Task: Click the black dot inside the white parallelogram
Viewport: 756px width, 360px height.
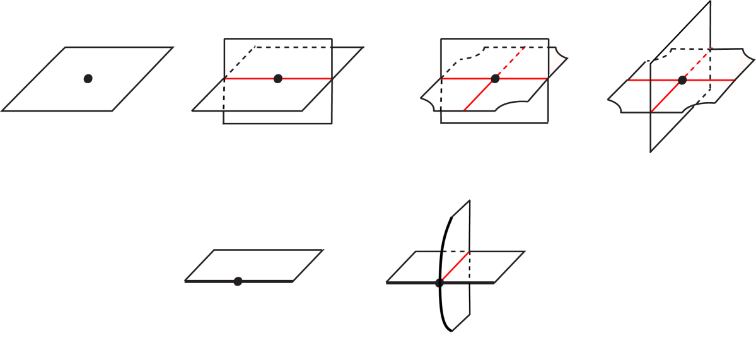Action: tap(88, 78)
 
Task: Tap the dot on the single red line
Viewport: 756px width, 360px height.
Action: tap(278, 78)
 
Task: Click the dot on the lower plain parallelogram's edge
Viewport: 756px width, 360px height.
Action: tap(238, 281)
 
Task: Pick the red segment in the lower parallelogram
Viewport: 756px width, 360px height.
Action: tap(456, 265)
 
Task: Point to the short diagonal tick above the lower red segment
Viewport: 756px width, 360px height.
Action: tap(461, 208)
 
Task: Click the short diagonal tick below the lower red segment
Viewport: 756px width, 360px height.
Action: tap(461, 322)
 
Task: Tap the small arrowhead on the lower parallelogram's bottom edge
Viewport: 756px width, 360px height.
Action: tap(436, 283)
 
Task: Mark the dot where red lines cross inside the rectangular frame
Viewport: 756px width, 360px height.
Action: tap(495, 79)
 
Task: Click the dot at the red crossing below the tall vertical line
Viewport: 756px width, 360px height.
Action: tap(682, 80)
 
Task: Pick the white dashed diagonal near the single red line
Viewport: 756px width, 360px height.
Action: tap(240, 62)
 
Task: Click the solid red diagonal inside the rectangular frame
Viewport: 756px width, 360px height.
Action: tap(478, 96)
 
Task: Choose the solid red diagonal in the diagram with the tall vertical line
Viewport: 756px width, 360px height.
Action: tap(665, 97)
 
